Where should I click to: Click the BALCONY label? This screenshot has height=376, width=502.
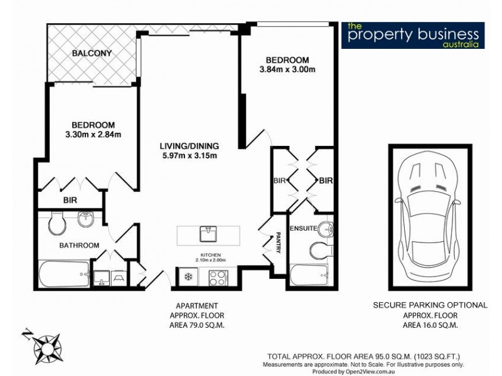[x=92, y=53]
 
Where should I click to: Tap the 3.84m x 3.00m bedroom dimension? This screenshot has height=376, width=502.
[x=287, y=70]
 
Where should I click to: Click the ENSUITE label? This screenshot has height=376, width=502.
[x=303, y=227]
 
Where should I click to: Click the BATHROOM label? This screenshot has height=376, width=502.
[x=79, y=245]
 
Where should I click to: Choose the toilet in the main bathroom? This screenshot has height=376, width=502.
[x=55, y=222]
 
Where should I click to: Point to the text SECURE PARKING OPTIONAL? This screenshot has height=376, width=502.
[x=430, y=305]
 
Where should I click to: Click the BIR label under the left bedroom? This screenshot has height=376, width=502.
[x=70, y=201]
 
